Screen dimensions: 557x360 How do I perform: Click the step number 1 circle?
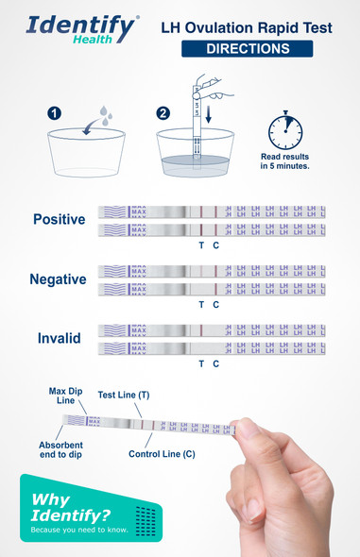point(56,114)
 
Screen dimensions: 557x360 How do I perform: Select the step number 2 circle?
point(163,114)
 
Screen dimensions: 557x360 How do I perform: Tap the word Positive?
point(59,220)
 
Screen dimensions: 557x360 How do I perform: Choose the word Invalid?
point(59,338)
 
